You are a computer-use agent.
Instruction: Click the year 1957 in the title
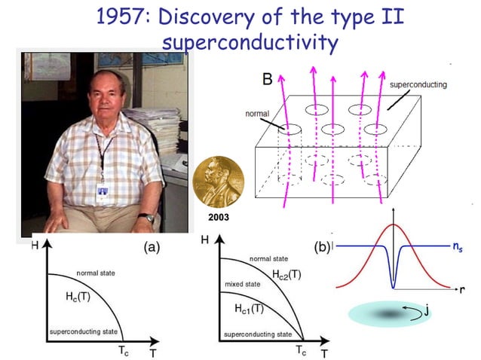point(120,16)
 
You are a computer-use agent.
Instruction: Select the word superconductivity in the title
point(250,43)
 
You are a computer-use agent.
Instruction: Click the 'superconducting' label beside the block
point(418,84)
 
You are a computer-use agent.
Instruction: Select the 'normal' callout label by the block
point(257,114)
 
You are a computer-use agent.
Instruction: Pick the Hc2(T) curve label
point(286,275)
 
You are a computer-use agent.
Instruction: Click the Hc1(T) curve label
point(248,308)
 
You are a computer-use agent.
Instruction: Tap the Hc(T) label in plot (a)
point(78,296)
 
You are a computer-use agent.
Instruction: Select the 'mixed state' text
point(244,285)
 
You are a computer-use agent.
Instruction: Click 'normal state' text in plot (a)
point(95,273)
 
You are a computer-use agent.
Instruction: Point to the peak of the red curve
point(393,224)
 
